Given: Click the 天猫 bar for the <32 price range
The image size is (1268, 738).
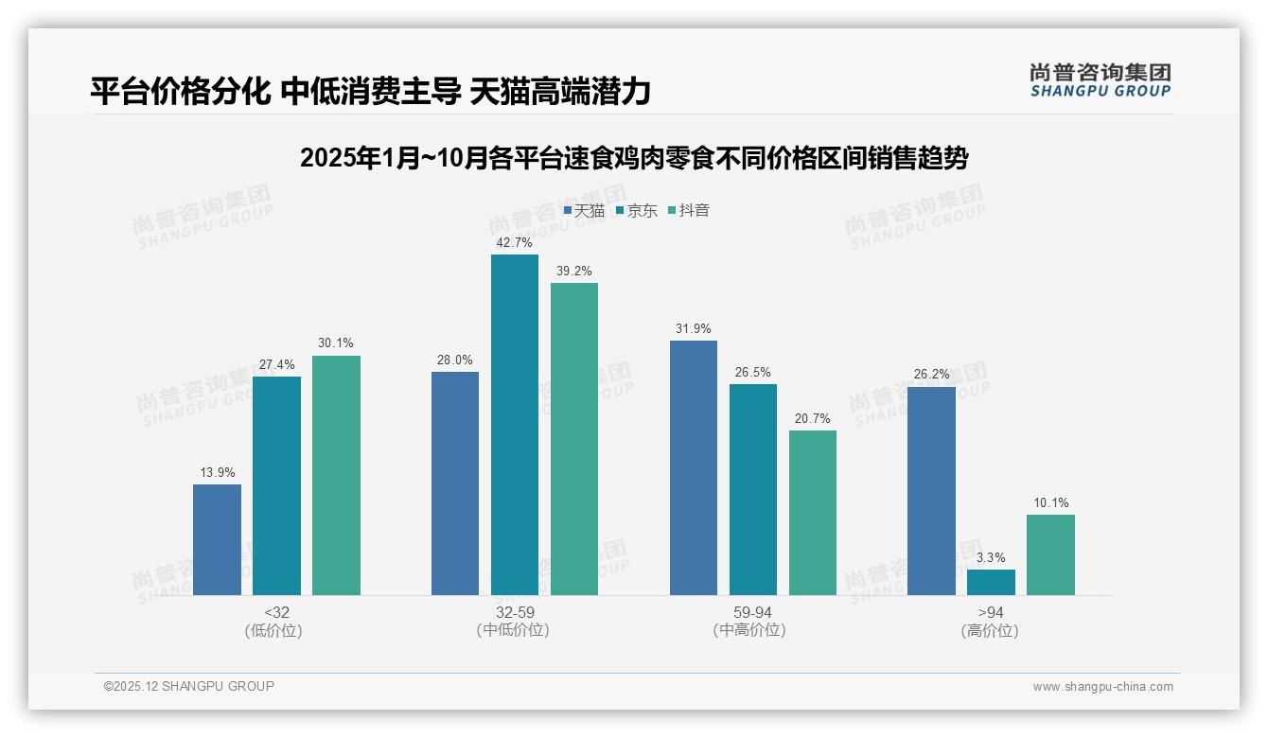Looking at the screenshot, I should pyautogui.click(x=217, y=539).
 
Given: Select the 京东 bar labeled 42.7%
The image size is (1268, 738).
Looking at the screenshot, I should pyautogui.click(x=514, y=425).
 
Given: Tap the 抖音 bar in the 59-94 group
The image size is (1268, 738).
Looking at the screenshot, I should pyautogui.click(x=813, y=513).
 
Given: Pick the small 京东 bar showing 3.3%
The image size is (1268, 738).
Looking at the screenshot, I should pyautogui.click(x=991, y=582).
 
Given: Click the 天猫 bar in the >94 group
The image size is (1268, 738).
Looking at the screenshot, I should pyautogui.click(x=931, y=491).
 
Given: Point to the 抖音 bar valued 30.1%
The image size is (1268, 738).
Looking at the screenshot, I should pyautogui.click(x=336, y=475).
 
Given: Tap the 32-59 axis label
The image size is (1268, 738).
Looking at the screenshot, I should pyautogui.click(x=514, y=612).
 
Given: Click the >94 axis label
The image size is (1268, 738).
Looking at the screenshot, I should pyautogui.click(x=991, y=612).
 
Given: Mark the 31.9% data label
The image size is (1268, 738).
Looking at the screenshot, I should pyautogui.click(x=694, y=328).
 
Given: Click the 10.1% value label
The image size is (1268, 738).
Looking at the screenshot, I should pyautogui.click(x=1050, y=502).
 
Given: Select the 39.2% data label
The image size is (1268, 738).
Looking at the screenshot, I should pyautogui.click(x=574, y=271).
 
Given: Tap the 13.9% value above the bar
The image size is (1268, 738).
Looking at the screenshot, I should pyautogui.click(x=217, y=472).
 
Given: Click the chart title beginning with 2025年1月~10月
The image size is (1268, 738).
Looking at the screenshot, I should pyautogui.click(x=634, y=158).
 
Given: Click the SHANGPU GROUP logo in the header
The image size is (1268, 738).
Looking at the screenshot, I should pyautogui.click(x=1100, y=79).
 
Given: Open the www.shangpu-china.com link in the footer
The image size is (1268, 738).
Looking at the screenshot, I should pyautogui.click(x=1102, y=687).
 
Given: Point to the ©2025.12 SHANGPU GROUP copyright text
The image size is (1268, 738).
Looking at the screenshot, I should pyautogui.click(x=189, y=686).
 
